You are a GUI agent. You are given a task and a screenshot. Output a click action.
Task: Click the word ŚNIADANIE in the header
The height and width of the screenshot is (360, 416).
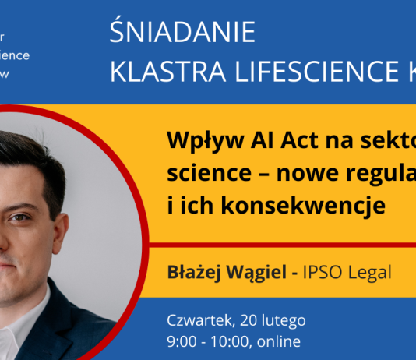point(184,33)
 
